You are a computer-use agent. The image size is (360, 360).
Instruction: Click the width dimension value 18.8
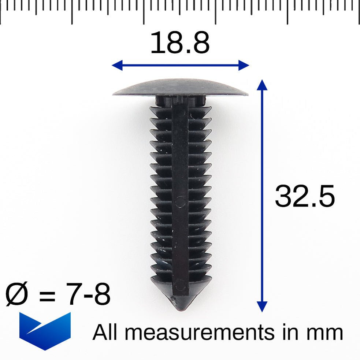[180, 43]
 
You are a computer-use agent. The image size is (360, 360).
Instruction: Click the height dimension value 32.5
[305, 197]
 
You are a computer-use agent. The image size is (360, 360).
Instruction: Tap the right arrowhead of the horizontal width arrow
[244, 66]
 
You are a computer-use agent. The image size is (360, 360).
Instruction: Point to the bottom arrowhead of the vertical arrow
[262, 307]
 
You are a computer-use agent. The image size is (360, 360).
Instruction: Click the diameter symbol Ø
[17, 295]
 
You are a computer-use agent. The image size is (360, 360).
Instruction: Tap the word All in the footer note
[106, 333]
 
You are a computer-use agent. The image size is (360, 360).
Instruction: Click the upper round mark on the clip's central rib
[181, 200]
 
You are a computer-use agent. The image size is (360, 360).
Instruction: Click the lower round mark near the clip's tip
[180, 285]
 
